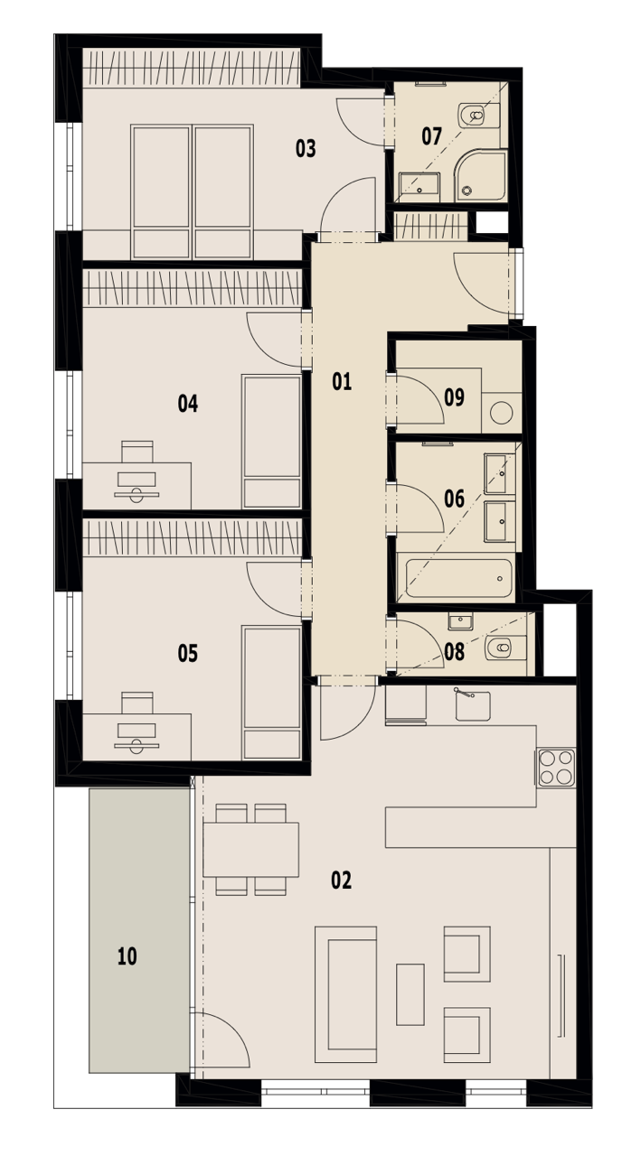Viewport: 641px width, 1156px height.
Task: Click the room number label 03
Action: (306, 149)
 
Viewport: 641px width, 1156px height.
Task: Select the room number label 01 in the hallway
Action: (342, 381)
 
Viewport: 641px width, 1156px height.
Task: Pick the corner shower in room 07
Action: (480, 176)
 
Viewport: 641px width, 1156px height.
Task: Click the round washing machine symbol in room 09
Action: (501, 413)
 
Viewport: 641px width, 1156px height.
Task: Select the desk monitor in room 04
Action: (137, 480)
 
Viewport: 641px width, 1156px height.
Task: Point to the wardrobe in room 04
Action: (193, 288)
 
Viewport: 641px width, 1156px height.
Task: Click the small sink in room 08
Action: (460, 621)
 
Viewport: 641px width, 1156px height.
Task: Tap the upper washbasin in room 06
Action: (499, 473)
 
